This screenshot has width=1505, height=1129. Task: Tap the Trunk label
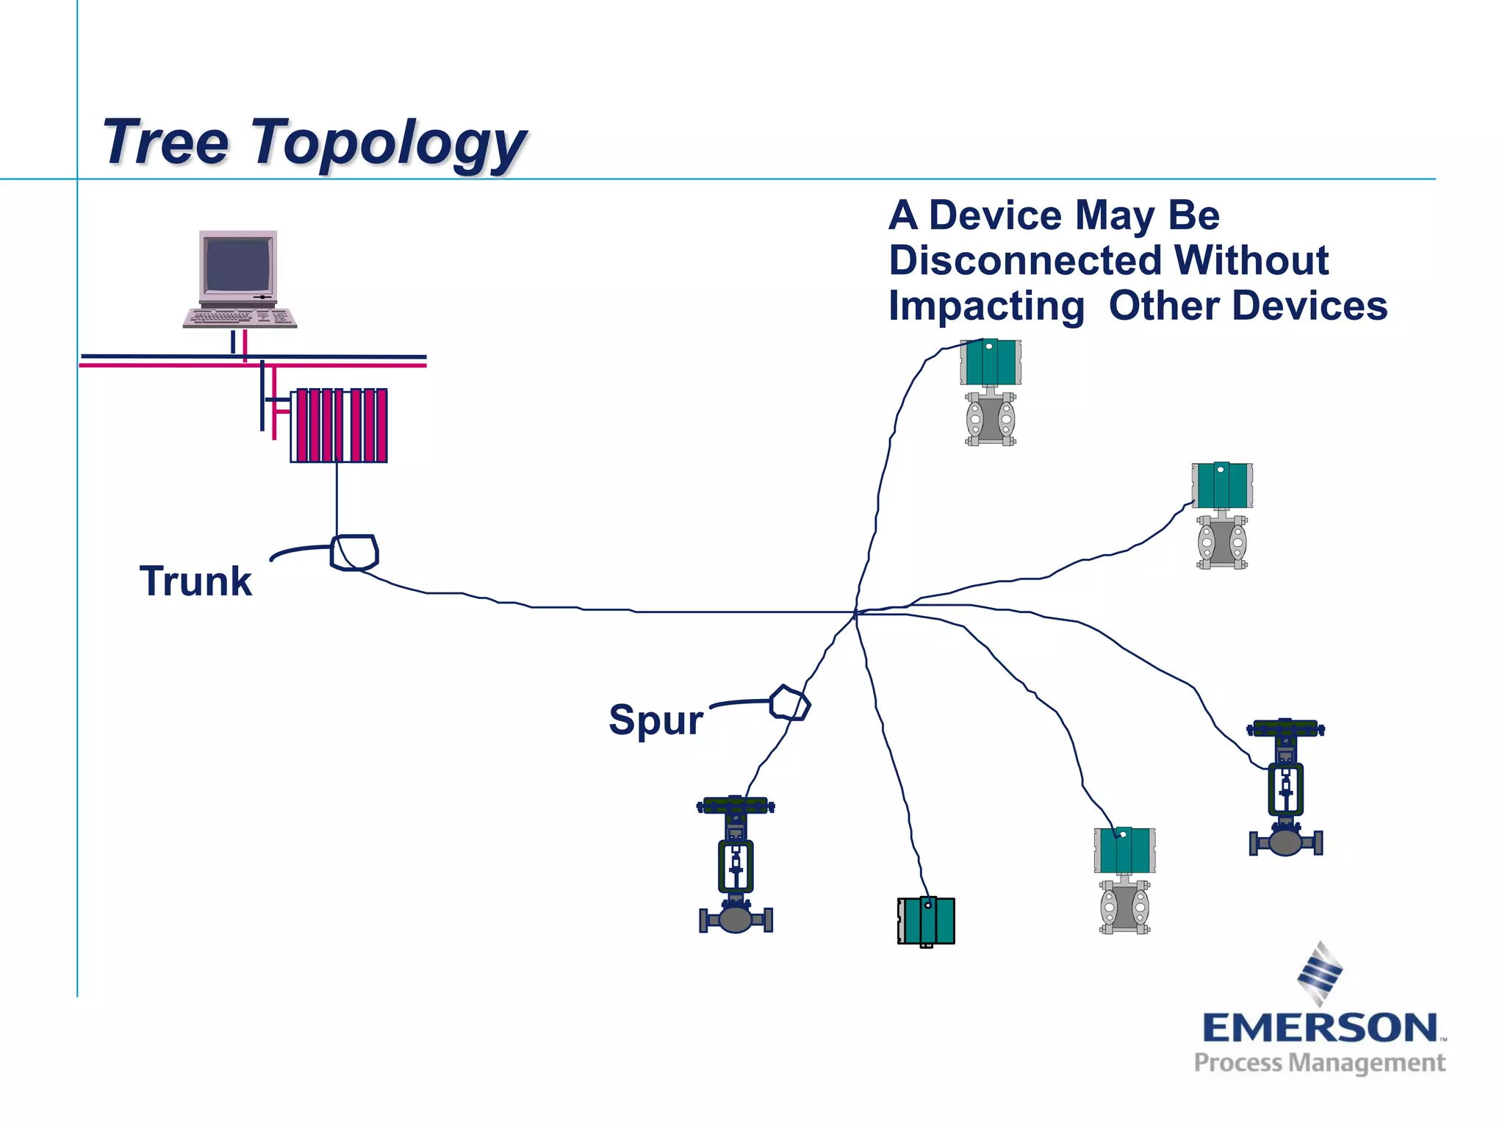[195, 581]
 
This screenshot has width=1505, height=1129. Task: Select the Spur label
[655, 720]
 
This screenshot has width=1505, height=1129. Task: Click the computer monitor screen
[238, 265]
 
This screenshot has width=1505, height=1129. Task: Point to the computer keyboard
[240, 318]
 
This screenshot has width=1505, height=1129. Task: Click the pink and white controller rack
[339, 426]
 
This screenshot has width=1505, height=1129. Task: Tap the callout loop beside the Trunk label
[354, 553]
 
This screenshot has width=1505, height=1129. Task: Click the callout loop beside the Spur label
[790, 703]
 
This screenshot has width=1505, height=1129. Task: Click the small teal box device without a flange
[926, 921]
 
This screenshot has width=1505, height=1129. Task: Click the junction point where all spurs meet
[856, 612]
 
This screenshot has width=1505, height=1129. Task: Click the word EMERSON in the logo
[1320, 1028]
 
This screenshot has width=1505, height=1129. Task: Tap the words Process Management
[1320, 1063]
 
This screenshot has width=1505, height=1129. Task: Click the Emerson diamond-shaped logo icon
[1320, 973]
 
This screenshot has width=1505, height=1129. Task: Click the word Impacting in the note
[986, 307]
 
